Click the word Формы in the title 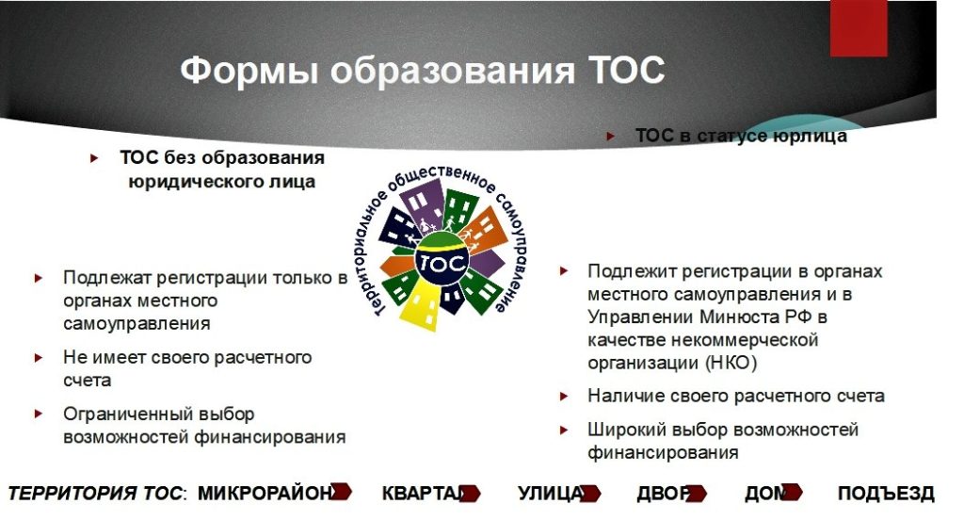[x=249, y=71]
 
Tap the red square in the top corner [x=859, y=28]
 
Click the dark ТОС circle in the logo [x=442, y=263]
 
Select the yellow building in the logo [x=421, y=304]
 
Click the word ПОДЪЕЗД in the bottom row [x=886, y=494]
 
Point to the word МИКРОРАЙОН [x=265, y=494]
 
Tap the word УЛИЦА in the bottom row [x=550, y=494]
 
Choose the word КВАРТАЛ [x=423, y=494]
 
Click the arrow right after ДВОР [x=697, y=493]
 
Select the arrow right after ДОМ [x=792, y=492]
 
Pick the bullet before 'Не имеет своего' [x=39, y=358]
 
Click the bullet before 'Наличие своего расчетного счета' [x=565, y=397]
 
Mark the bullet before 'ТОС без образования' [x=94, y=159]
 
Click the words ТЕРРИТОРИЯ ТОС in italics [x=95, y=494]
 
